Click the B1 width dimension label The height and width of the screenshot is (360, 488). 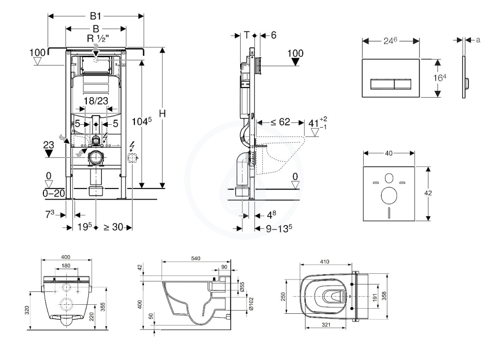95,16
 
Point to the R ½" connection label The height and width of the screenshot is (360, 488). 98,39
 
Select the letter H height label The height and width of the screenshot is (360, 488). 162,114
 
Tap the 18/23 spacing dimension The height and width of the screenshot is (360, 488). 96,101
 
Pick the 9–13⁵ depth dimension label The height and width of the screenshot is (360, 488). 279,229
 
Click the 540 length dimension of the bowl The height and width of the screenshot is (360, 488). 196,259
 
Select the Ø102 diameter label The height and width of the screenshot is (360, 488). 252,303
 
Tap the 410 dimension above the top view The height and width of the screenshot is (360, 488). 325,262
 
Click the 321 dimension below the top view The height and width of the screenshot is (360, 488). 325,325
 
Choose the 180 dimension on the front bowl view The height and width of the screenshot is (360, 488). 66,266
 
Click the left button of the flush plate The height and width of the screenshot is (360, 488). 383,84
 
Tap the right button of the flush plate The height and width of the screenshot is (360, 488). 403,84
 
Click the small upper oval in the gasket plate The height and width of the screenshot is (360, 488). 389,178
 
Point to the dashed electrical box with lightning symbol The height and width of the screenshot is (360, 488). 132,158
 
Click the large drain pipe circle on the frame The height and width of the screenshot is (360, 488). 96,158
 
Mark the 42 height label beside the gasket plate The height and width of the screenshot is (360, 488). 428,193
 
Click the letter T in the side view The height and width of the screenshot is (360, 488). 247,35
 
